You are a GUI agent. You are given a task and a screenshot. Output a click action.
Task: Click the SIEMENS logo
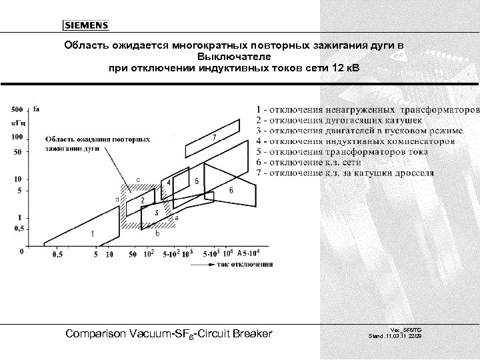tap(86, 26)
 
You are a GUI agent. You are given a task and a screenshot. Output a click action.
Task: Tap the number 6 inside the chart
tap(231, 190)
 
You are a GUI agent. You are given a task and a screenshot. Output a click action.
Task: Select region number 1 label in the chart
tap(92, 233)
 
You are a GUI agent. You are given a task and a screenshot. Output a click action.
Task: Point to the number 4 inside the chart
tap(169, 182)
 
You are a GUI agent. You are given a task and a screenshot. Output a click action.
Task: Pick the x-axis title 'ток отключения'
tap(244, 265)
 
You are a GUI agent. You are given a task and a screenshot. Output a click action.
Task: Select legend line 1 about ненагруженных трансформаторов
tap(367, 109)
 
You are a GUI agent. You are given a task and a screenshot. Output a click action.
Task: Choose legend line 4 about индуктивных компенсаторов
tap(356, 141)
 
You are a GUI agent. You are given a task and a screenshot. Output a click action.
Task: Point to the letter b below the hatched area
tap(157, 234)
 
